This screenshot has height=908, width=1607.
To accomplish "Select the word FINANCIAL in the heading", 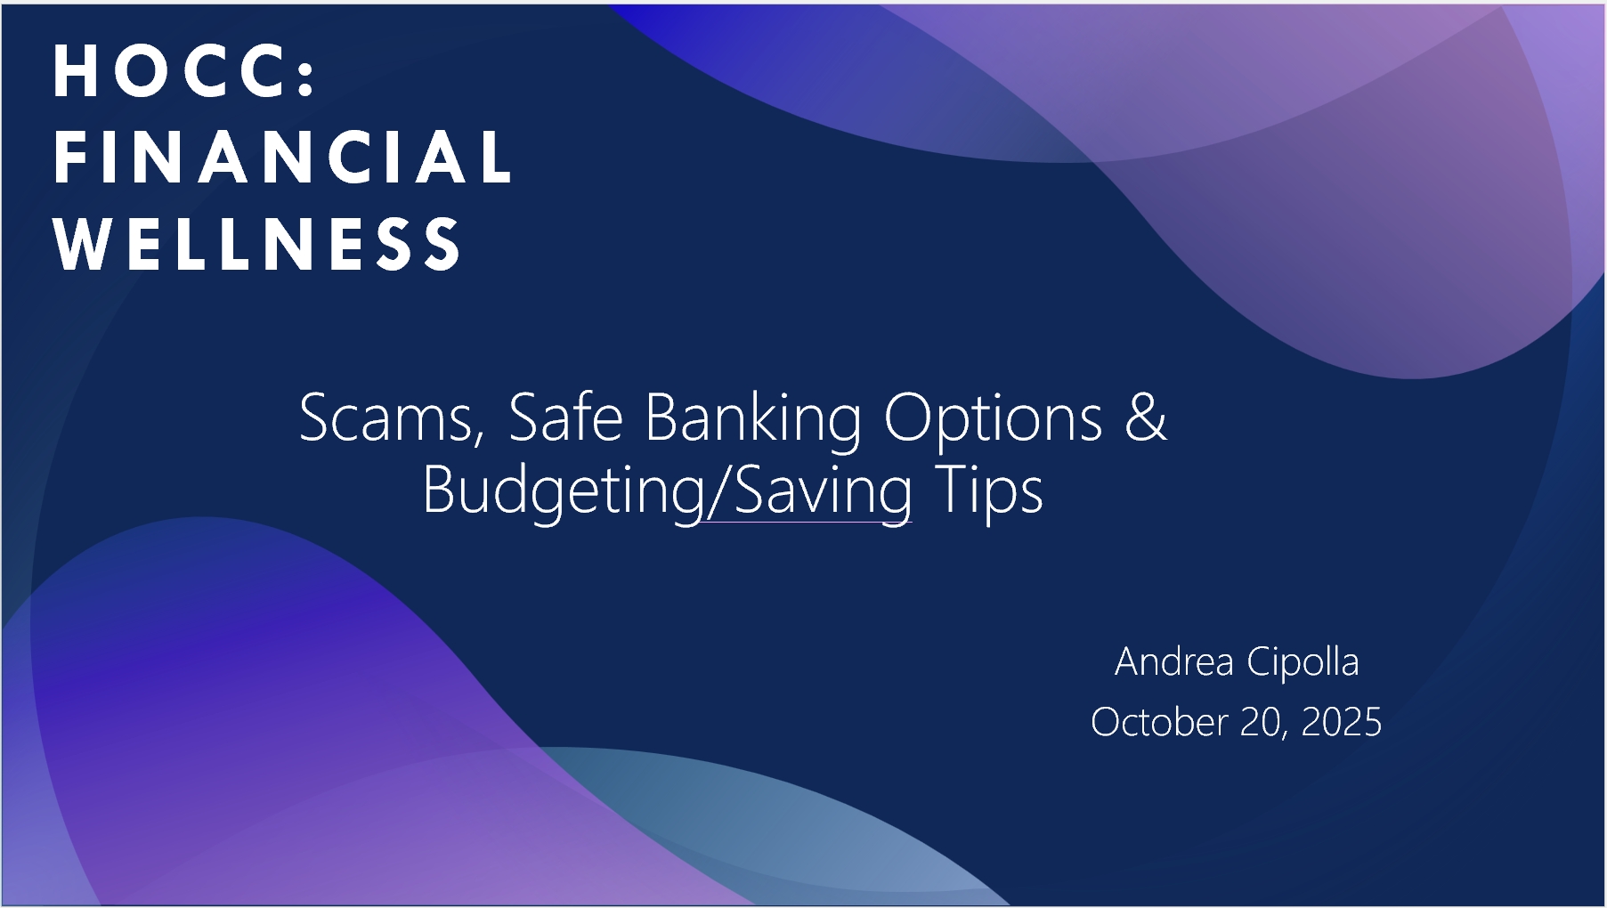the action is tap(282, 158).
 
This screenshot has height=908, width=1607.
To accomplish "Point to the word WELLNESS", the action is tap(256, 243).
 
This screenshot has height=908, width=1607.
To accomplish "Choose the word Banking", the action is tap(753, 420).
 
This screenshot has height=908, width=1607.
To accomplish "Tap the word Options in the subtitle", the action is tap(993, 420).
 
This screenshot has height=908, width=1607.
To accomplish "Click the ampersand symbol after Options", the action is tap(1145, 416).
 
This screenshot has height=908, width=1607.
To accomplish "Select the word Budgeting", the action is tap(564, 492).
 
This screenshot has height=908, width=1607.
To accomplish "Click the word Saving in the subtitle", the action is tap(824, 492).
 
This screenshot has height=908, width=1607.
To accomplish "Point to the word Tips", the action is tap(989, 491).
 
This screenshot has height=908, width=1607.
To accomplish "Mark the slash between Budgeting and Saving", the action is tap(719, 490).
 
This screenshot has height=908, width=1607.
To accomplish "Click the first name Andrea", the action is tap(1174, 661).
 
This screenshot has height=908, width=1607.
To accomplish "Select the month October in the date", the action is tap(1159, 722).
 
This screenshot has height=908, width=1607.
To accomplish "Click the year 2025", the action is tap(1342, 722).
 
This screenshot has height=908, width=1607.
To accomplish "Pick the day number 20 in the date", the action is tap(1262, 723).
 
